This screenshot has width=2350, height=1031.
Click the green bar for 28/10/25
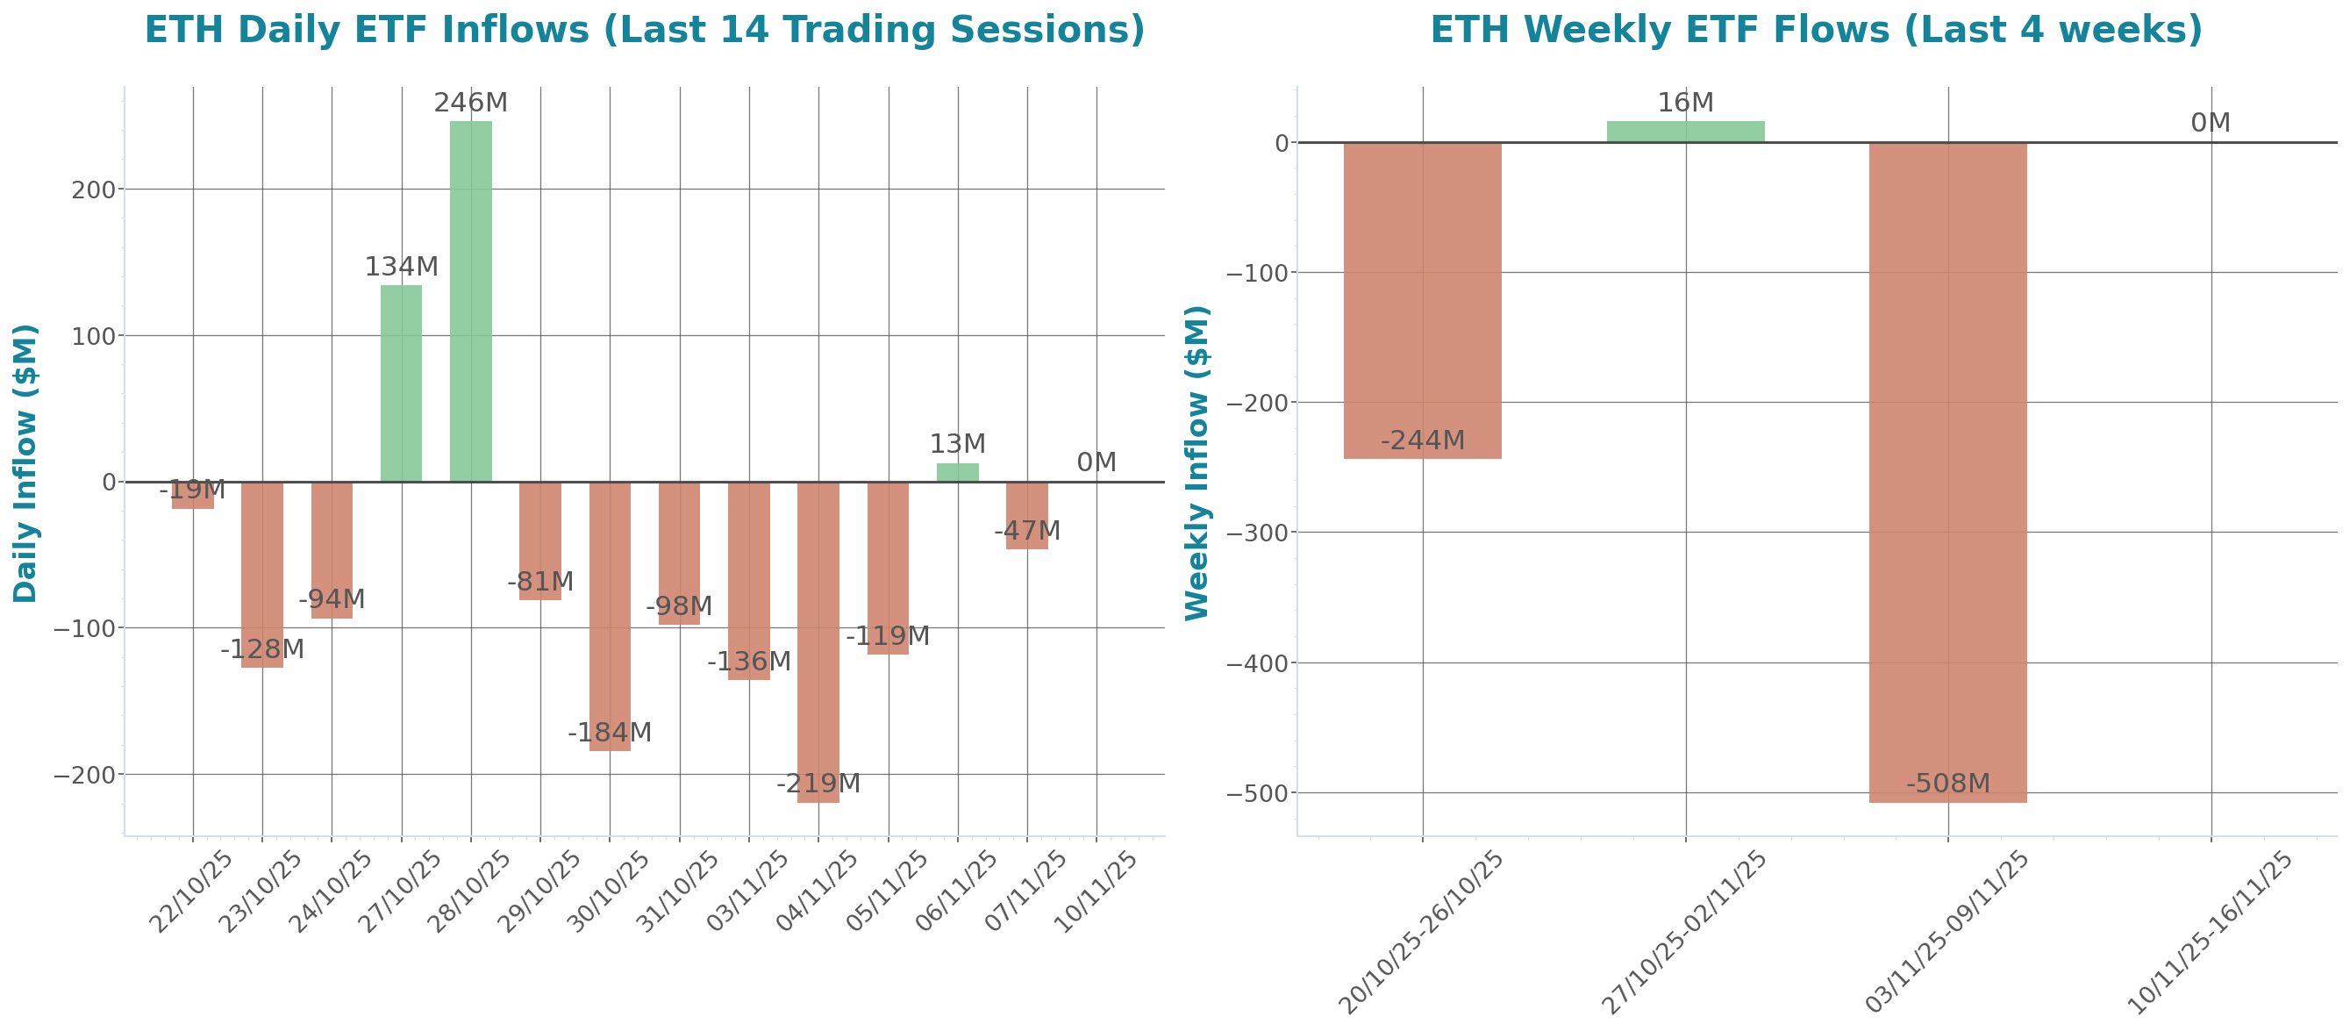[471, 301]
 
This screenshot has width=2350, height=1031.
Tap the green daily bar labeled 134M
[402, 383]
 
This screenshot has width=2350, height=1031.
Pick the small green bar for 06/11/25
[958, 473]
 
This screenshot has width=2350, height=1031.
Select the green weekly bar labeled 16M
[1685, 132]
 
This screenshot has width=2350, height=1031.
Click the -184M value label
[610, 733]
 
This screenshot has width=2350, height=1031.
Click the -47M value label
[1027, 531]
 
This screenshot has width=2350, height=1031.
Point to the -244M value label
[1422, 440]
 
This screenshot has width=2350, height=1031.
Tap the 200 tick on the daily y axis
[93, 190]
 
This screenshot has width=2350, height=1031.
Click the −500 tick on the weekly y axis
[1258, 794]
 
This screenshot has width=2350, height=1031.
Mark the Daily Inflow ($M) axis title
[25, 462]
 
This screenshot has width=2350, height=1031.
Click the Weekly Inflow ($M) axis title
[1196, 462]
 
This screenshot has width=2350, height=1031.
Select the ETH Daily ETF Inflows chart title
[644, 30]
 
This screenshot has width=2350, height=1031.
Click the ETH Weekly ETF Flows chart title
[1816, 30]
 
